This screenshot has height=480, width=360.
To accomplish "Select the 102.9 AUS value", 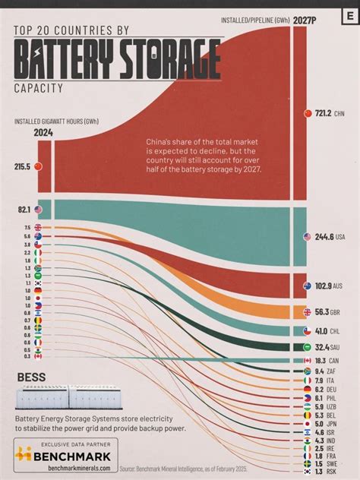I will click(x=323, y=286).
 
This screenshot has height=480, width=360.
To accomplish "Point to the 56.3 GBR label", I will click(x=323, y=311).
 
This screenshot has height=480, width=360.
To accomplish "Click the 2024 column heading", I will click(x=43, y=134).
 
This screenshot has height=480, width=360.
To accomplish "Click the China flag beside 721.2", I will click(x=308, y=113).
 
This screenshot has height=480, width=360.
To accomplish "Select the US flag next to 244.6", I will click(x=308, y=238).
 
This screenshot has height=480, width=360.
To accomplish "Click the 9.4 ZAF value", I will click(x=323, y=371).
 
